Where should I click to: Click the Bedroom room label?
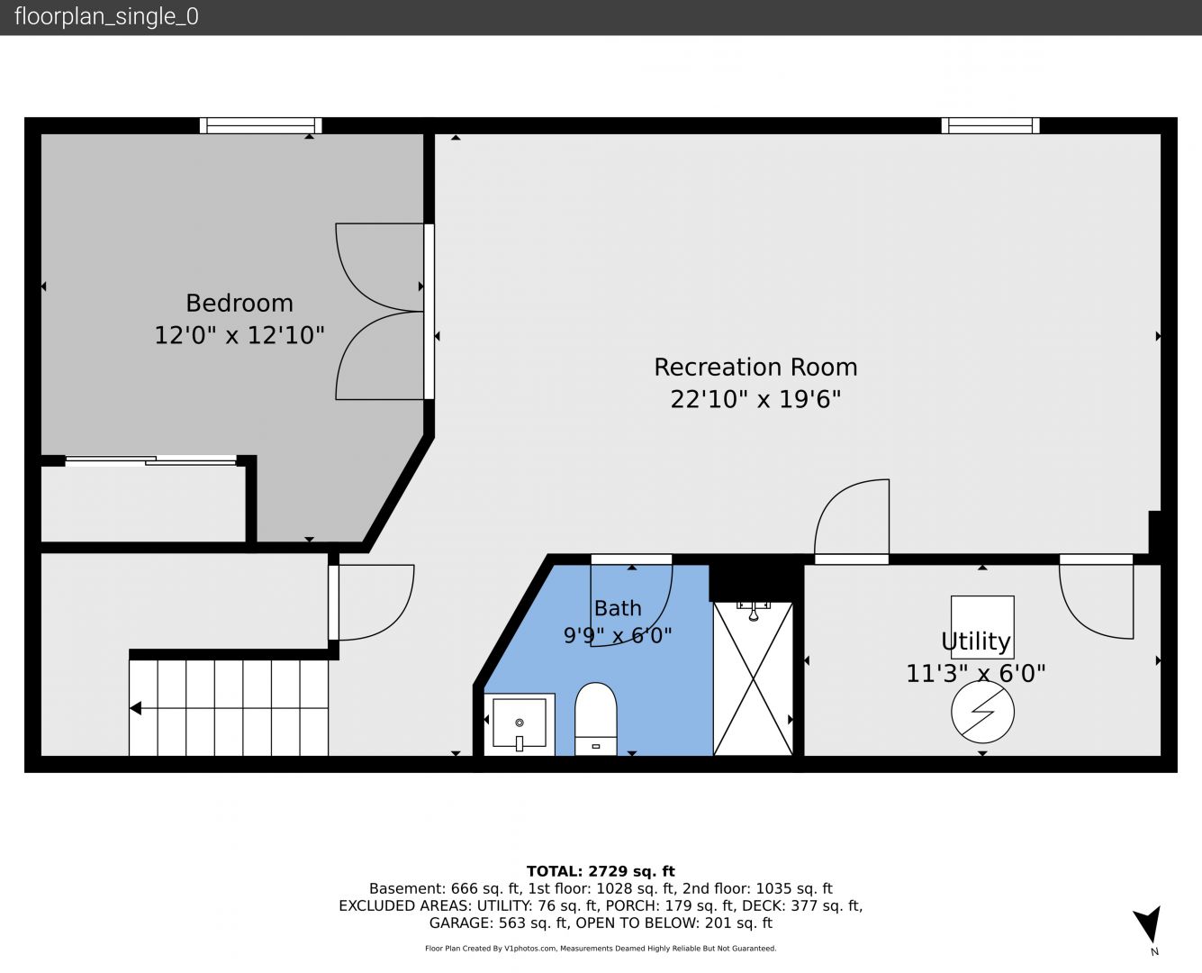tap(239, 304)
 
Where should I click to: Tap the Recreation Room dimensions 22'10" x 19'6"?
tap(755, 399)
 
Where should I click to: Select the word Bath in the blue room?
tap(618, 608)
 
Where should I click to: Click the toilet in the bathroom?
tap(595, 718)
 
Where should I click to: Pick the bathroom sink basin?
tap(520, 723)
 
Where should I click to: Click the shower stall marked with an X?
tap(753, 678)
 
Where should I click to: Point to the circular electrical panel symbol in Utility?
tap(982, 712)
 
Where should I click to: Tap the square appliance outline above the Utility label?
tap(982, 627)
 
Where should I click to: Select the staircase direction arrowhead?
tap(135, 707)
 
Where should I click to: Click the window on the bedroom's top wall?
tap(261, 125)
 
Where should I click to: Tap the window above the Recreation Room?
tap(990, 125)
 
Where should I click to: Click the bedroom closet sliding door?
tap(150, 460)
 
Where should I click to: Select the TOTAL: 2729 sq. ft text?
tap(601, 871)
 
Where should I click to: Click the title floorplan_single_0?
tap(106, 17)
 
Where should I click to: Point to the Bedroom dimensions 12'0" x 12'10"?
tap(239, 335)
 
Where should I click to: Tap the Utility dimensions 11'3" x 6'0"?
tap(976, 674)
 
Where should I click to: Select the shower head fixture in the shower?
tap(754, 612)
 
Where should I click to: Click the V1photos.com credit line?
tap(601, 949)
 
